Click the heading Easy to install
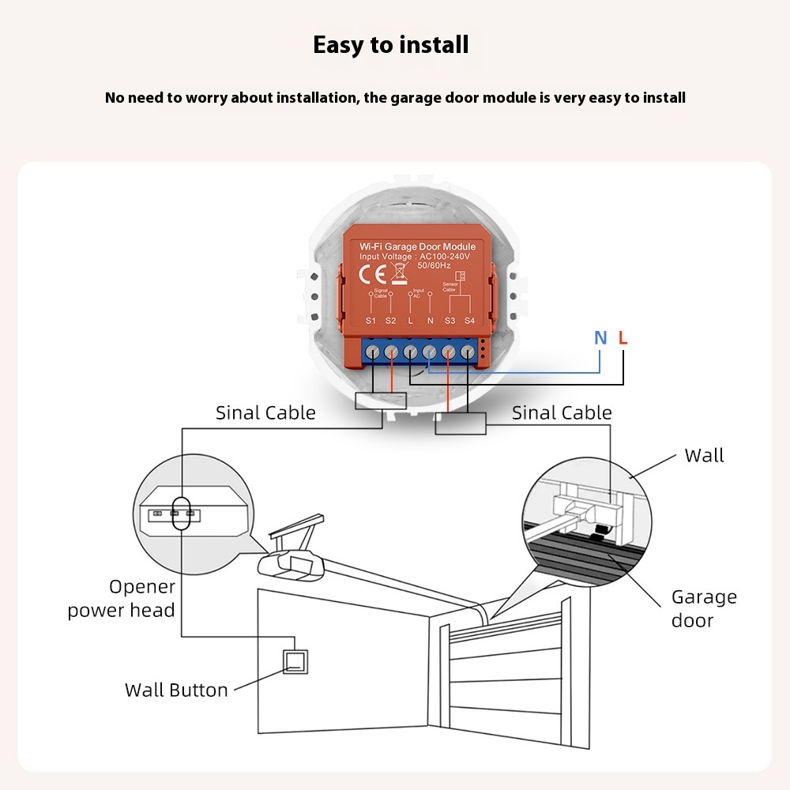point(390,45)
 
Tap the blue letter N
point(600,339)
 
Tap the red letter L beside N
point(623,339)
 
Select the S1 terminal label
point(371,320)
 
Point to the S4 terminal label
point(469,320)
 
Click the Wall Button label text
point(176,690)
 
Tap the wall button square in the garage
point(295,661)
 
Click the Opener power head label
point(121,598)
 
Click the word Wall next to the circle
point(704,456)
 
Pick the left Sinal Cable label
point(265,413)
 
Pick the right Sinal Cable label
point(562,413)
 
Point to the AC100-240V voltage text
point(445,257)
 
